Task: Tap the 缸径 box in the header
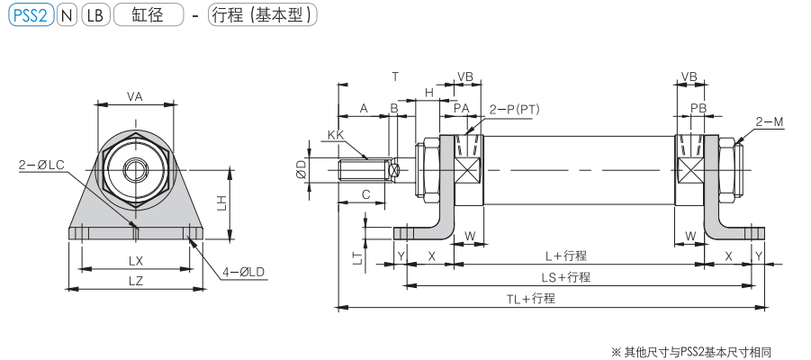(x=148, y=15)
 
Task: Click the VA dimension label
(x=135, y=96)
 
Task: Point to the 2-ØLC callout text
(x=41, y=165)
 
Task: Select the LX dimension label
(x=136, y=260)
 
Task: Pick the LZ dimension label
(x=136, y=281)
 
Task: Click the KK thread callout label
(x=336, y=135)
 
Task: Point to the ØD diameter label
(x=302, y=170)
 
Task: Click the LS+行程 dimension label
(x=565, y=277)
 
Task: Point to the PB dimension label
(x=698, y=108)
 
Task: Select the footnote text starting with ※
(x=692, y=351)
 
